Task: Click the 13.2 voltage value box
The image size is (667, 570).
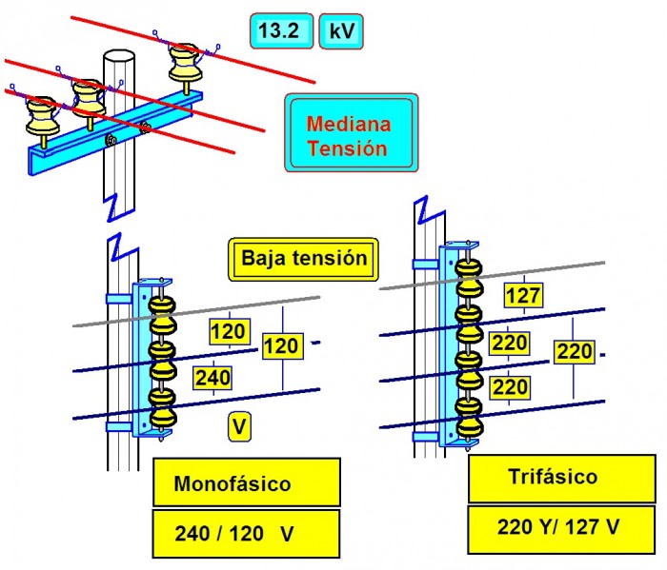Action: [278, 31]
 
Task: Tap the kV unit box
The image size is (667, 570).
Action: [340, 31]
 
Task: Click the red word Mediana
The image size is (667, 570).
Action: [349, 124]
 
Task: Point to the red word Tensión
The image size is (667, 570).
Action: [349, 148]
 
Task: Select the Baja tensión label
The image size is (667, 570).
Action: [297, 259]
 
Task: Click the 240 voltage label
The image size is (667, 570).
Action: [212, 378]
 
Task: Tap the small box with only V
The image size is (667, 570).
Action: [240, 428]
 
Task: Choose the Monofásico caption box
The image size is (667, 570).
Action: [246, 482]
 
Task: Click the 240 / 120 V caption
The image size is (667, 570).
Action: [246, 534]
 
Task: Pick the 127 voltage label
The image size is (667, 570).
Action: [522, 296]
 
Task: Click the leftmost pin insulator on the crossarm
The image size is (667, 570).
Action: [42, 115]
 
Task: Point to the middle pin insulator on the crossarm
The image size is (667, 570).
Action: [91, 96]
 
